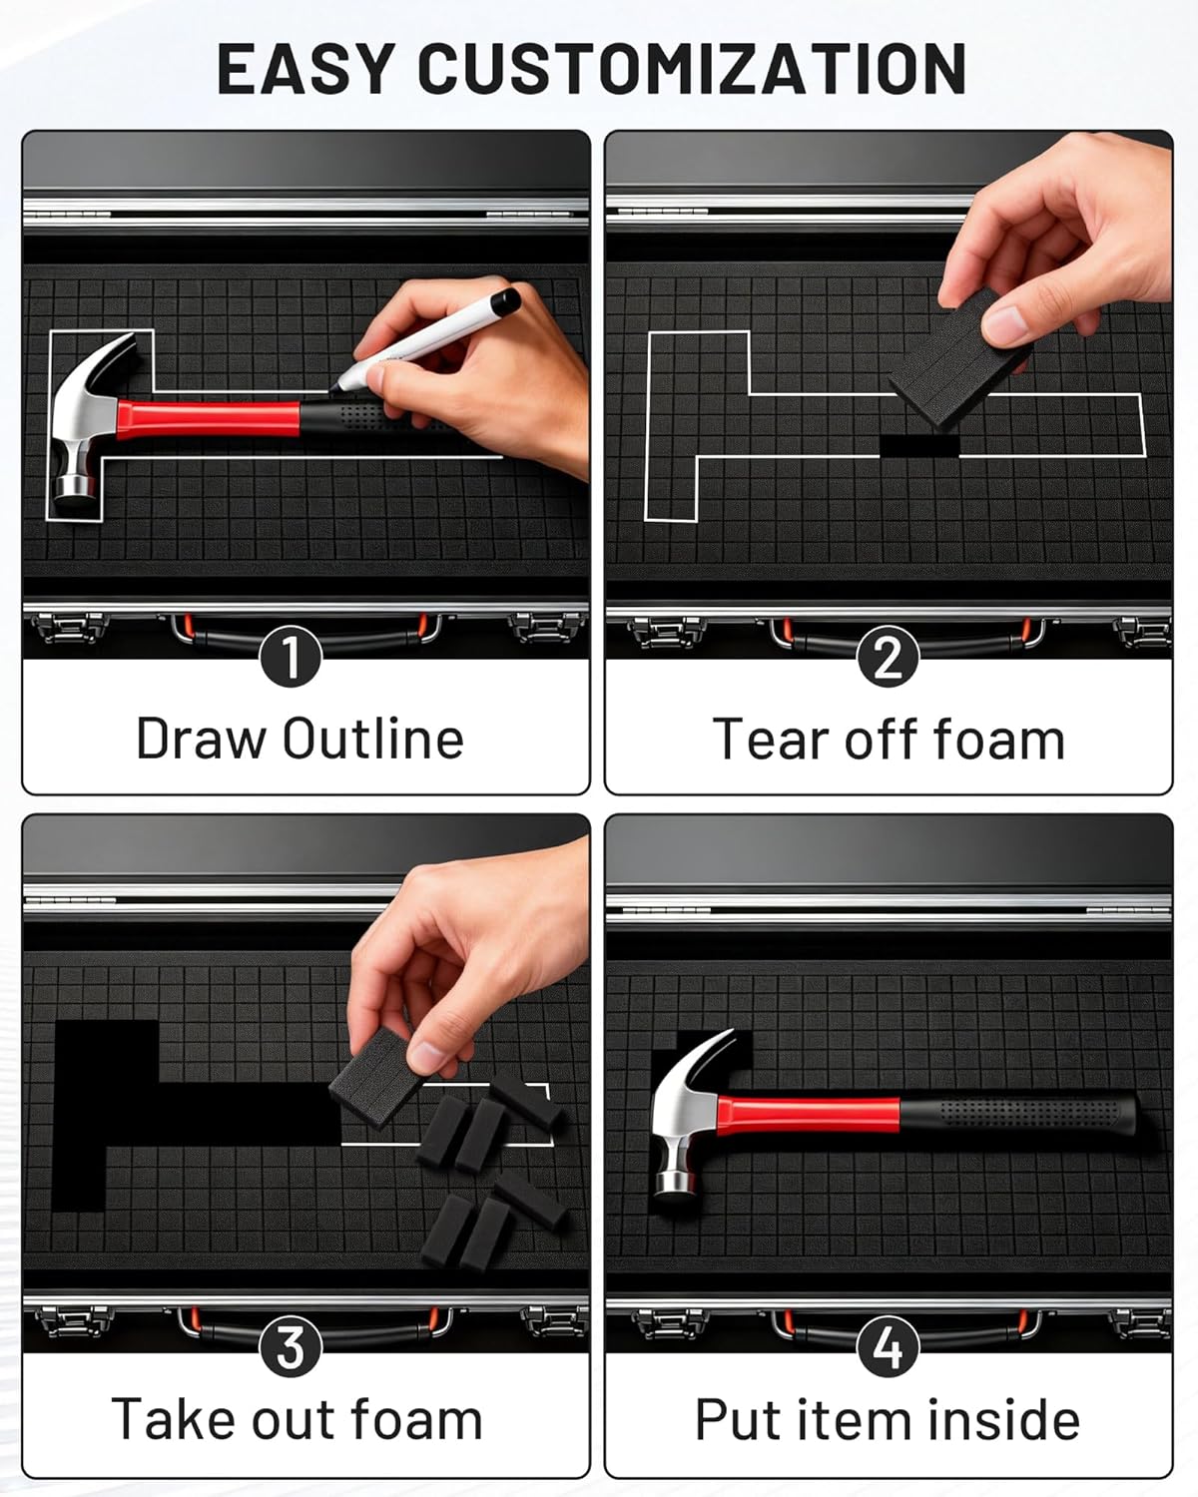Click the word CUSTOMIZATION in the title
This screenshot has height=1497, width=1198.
(691, 68)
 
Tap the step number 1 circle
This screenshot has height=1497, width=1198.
(291, 656)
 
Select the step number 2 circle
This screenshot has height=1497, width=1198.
(889, 656)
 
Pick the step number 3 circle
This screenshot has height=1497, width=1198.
(291, 1346)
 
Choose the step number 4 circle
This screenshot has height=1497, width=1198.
(889, 1346)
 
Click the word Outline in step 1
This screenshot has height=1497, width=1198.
(373, 739)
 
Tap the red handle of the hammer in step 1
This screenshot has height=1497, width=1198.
(209, 419)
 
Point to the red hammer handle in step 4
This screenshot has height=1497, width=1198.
(809, 1115)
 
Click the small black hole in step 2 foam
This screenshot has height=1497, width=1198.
(919, 445)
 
